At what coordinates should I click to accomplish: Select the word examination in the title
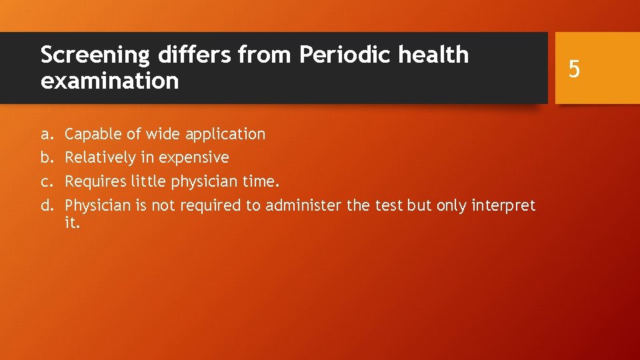109,81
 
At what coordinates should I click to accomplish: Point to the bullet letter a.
45,135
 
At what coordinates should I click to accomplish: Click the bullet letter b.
45,158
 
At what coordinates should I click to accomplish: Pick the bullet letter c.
45,182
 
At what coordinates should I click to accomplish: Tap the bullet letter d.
46,205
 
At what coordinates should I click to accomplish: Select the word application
225,135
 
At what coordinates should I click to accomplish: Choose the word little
145,181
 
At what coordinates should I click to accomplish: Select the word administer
304,205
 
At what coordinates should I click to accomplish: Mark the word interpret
505,206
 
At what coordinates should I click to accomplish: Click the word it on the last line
72,223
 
